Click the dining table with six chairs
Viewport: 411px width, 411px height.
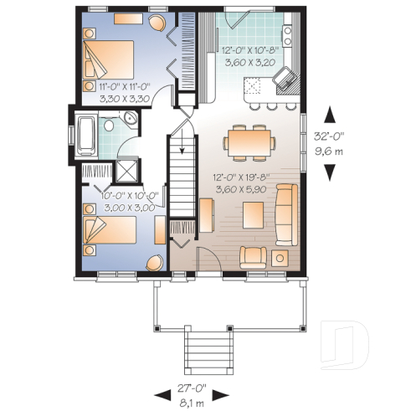tap(249, 141)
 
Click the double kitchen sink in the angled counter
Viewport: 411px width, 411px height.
tap(285, 80)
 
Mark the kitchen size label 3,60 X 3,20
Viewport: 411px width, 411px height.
tap(249, 61)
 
